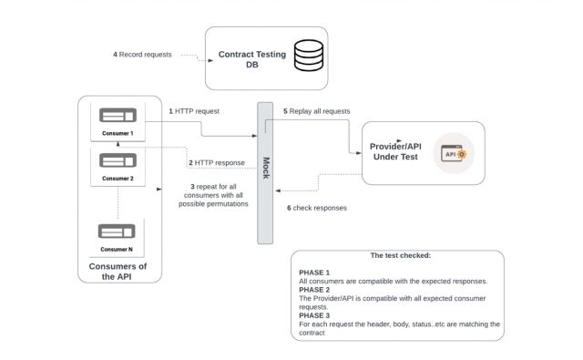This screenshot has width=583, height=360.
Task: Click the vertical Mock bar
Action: (265, 173)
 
